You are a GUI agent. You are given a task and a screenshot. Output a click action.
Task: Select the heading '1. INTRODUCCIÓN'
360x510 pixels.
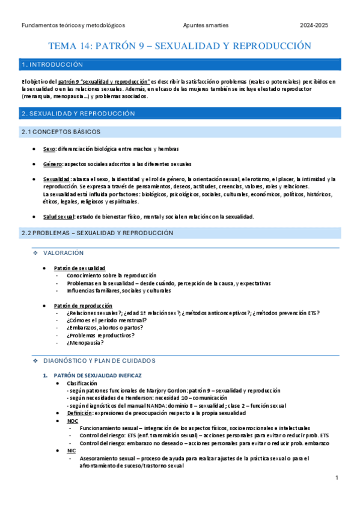pyautogui.click(x=51, y=64)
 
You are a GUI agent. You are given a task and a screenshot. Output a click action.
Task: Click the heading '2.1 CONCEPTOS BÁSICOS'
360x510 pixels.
pyautogui.click(x=61, y=132)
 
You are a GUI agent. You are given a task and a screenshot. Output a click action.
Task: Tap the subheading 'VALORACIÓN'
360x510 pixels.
pyautogui.click(x=64, y=253)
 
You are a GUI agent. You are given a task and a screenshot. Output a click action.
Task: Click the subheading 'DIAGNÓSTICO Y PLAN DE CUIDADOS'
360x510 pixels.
pyautogui.click(x=99, y=360)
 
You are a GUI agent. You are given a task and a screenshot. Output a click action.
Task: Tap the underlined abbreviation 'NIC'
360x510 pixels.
pyautogui.click(x=72, y=450)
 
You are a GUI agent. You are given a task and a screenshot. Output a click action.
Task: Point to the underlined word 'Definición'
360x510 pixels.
pyautogui.click(x=79, y=413)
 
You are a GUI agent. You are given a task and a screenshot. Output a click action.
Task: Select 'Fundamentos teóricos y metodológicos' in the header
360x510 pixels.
pyautogui.click(x=73, y=26)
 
